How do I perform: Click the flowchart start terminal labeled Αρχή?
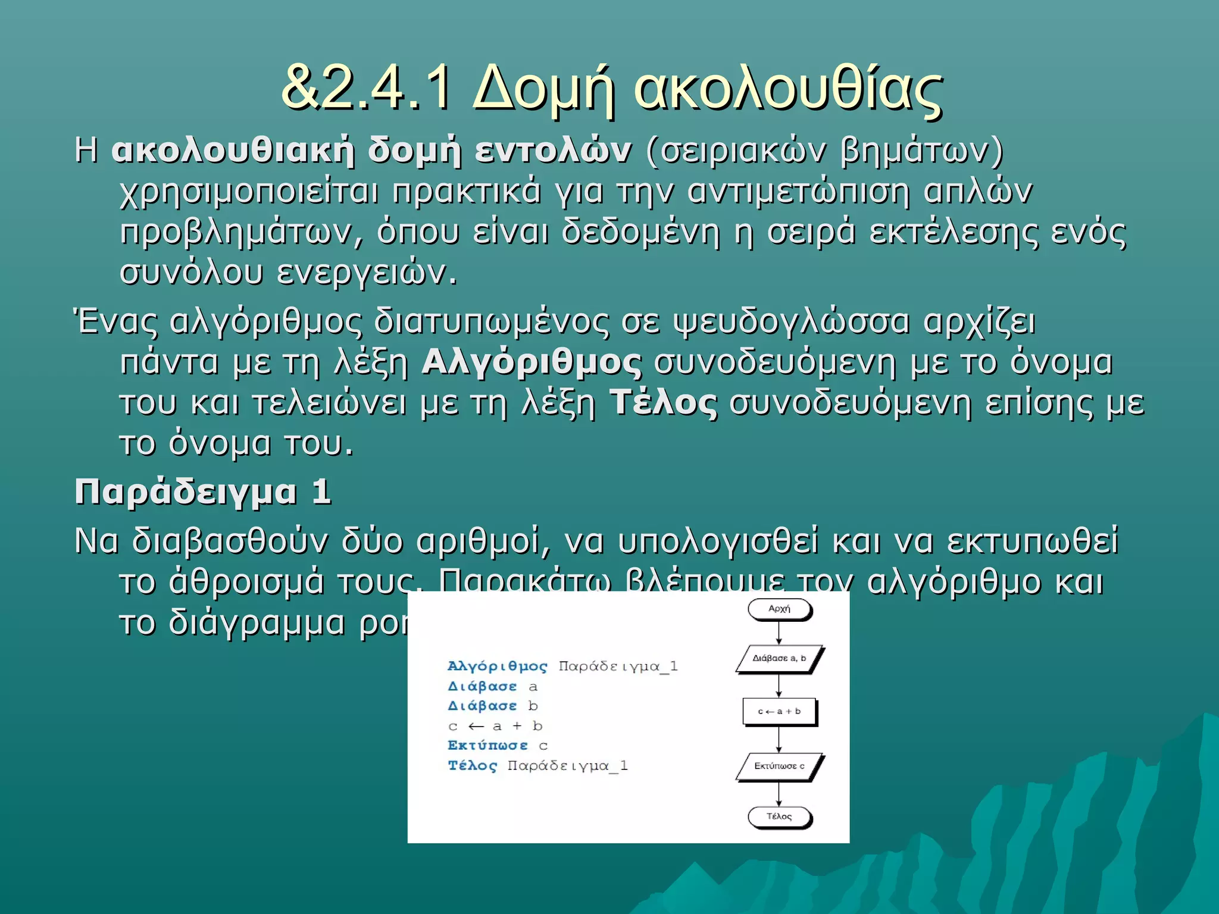coord(779,609)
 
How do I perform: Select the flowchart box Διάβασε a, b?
coord(779,658)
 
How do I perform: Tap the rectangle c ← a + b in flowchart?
coord(779,711)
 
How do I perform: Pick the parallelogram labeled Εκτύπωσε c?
coord(779,766)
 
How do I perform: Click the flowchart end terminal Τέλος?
coord(779,816)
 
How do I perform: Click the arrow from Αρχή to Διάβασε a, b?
coord(779,633)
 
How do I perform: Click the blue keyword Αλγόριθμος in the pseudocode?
coord(497,666)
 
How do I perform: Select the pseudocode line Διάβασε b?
coord(493,706)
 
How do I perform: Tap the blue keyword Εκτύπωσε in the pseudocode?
coord(487,746)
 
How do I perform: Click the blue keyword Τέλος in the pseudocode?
coord(472,766)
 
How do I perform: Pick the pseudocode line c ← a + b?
coord(495,726)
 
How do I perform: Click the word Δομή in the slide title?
coord(543,89)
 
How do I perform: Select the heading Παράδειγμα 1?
coord(202,493)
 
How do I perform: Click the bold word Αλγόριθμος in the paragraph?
coord(532,362)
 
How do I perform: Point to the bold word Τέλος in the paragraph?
coord(663,403)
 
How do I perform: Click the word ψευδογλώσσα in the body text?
coord(792,322)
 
